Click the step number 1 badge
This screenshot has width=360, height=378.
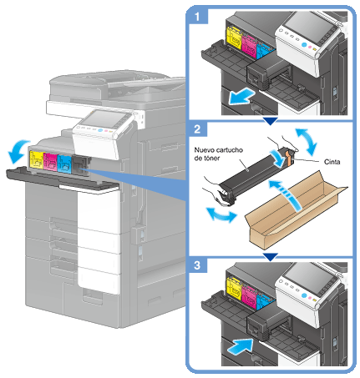coord(197,16)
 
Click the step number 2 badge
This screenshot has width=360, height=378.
coord(197,129)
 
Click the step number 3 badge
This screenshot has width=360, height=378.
coord(197,265)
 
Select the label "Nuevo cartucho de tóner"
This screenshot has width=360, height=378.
coord(219,154)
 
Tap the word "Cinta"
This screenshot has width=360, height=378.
coord(332,162)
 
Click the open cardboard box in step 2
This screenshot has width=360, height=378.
coord(295,210)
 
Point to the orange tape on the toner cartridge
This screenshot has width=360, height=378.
coord(289,159)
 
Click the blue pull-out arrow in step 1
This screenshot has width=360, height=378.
coord(241,96)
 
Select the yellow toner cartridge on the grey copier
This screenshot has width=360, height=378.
coord(36,159)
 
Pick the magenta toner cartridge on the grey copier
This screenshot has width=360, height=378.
coord(50,162)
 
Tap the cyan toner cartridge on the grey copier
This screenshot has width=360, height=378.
coord(64,164)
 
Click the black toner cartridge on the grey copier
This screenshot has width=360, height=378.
coord(80,166)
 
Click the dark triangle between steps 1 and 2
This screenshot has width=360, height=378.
coord(270,121)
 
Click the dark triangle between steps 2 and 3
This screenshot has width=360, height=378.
coord(270,257)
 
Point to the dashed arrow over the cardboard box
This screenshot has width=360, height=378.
coord(288,194)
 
